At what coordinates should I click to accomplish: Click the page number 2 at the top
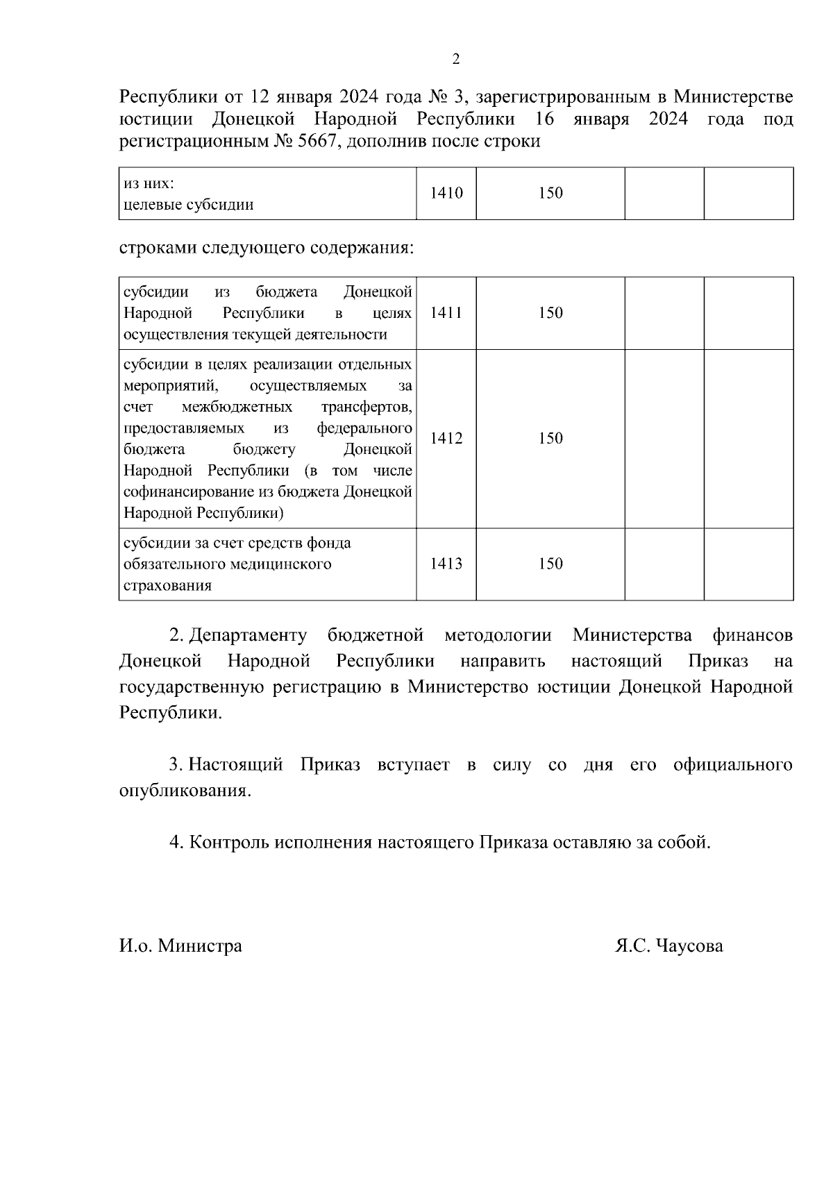[x=456, y=60]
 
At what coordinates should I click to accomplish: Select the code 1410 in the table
[x=446, y=194]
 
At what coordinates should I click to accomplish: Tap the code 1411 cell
[x=446, y=313]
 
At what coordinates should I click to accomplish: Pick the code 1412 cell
[x=446, y=439]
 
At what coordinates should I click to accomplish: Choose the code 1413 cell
[x=446, y=564]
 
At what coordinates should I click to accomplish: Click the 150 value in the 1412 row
[x=550, y=439]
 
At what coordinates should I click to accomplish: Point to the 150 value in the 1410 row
[x=550, y=194]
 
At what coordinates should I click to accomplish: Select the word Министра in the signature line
[x=200, y=945]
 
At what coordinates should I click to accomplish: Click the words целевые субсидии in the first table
[x=188, y=205]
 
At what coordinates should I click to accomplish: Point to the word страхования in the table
[x=167, y=585]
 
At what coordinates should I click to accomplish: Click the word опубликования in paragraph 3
[x=183, y=791]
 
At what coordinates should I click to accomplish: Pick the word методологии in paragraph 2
[x=498, y=635]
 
